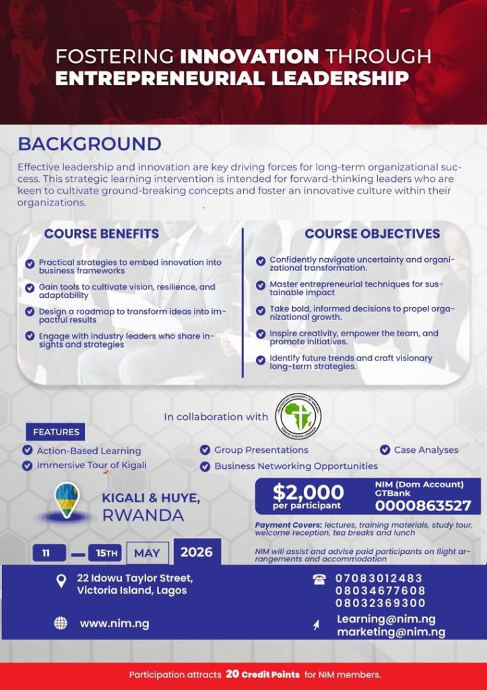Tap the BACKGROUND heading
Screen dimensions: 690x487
tap(90, 144)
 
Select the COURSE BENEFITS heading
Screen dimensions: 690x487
tap(102, 234)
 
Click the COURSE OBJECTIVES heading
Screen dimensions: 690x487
tap(372, 234)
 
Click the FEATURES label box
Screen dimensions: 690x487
tap(56, 432)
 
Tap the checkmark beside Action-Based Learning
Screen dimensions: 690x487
tap(27, 450)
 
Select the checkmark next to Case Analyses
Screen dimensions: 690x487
tap(385, 449)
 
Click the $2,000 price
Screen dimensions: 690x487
tap(308, 492)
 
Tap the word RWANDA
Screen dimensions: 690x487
tap(143, 515)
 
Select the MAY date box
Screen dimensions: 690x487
tap(146, 553)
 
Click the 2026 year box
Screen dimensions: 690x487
tap(196, 552)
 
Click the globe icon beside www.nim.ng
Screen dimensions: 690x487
tap(61, 623)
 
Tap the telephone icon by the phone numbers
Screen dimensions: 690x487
tap(319, 579)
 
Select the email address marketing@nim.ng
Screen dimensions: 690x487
tap(391, 632)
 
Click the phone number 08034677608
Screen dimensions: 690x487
tap(380, 591)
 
